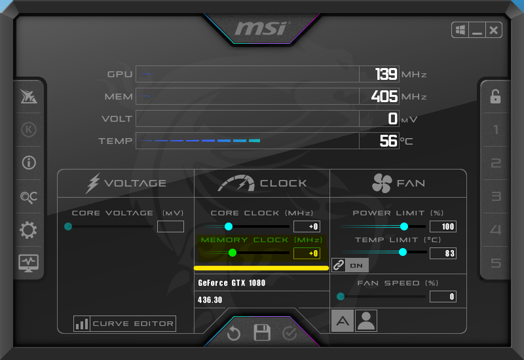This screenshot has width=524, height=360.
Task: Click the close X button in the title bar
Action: point(493,30)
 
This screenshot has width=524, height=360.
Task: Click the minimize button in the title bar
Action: point(477,30)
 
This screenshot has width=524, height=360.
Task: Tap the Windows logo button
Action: point(460,30)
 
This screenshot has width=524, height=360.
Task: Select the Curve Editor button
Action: point(124,323)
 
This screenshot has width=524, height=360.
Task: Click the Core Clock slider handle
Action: point(229,226)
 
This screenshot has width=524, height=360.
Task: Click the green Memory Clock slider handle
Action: point(233,253)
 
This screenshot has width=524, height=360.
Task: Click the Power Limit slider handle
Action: point(403,226)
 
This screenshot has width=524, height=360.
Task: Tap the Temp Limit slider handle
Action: point(403,252)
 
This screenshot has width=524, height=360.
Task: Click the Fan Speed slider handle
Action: point(341,297)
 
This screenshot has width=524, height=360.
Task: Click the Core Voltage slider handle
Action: point(68,226)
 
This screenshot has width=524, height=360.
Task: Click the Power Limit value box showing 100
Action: point(443,226)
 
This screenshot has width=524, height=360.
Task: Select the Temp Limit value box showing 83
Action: point(443,253)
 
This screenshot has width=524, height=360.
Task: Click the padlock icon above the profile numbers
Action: point(495,97)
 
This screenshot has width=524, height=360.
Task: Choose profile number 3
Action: point(496,196)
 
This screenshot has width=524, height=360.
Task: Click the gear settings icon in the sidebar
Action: point(29,230)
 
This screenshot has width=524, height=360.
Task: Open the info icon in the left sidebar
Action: point(29,163)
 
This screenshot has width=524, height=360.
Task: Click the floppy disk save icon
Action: point(262,333)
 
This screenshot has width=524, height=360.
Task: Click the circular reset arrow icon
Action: point(234,333)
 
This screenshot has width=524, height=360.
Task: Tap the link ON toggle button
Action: point(350,265)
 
